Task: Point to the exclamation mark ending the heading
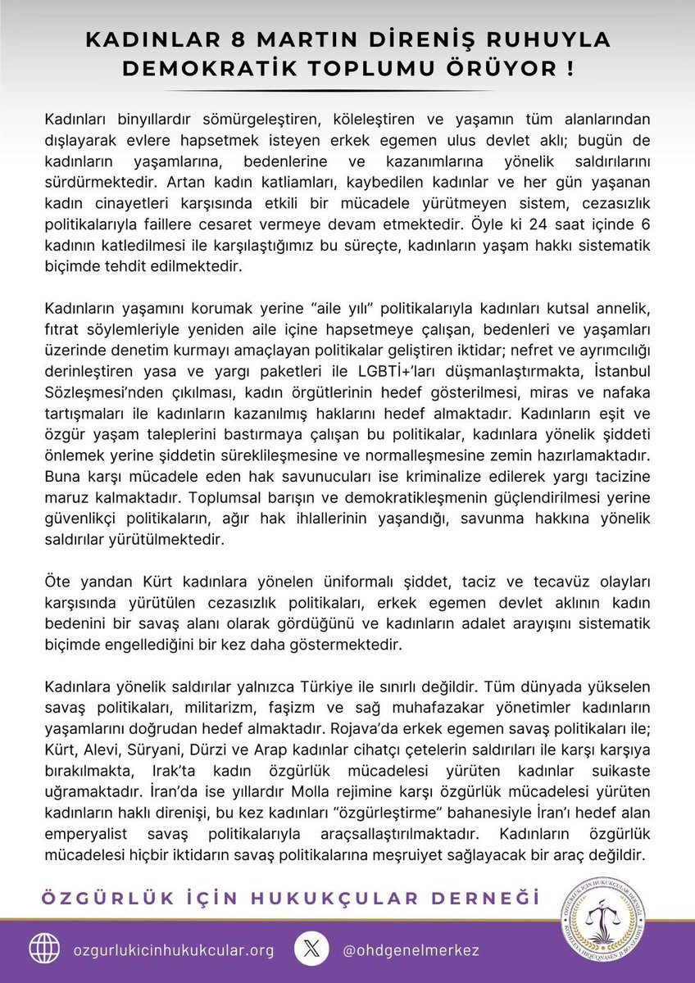click(568, 70)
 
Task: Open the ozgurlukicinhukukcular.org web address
click(173, 949)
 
